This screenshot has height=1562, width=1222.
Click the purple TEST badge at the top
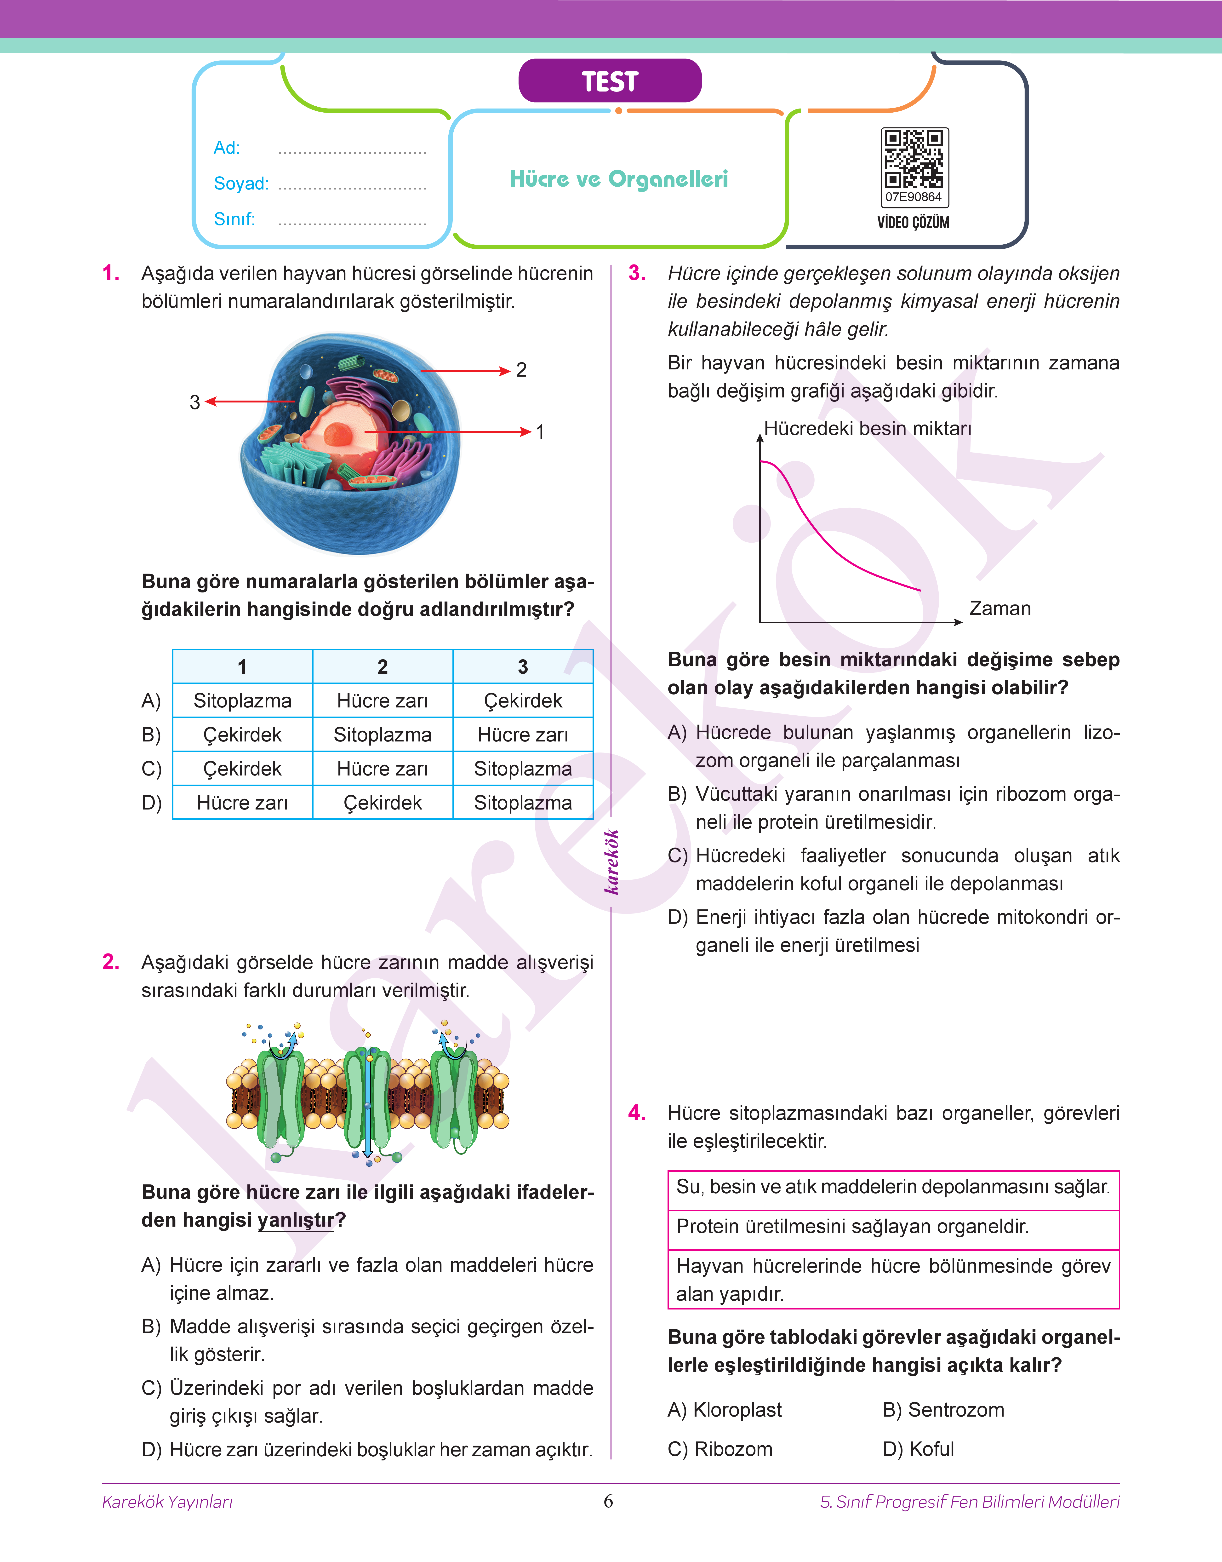(610, 81)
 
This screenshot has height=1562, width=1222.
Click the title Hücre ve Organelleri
(619, 179)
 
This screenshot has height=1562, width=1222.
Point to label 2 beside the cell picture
(522, 370)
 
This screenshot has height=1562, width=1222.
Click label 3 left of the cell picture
(194, 402)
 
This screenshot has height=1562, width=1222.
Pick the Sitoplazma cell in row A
(243, 701)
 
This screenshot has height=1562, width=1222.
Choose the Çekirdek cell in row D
(383, 803)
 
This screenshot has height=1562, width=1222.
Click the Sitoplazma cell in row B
(383, 735)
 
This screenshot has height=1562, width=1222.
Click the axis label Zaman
(999, 609)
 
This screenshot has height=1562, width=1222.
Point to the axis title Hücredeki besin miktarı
(867, 429)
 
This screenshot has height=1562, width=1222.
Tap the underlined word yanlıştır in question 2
(296, 1220)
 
